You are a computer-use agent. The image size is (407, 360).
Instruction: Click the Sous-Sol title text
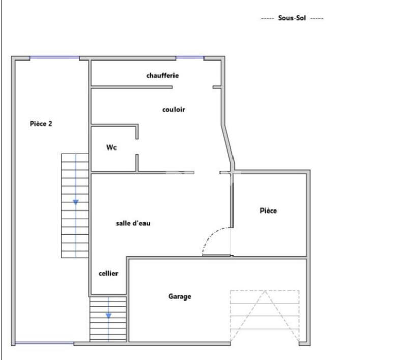click(x=292, y=18)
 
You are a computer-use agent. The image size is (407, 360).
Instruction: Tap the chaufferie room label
click(x=162, y=76)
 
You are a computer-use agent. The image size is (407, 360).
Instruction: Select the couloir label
click(x=173, y=109)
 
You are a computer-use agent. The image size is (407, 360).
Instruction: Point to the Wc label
click(x=111, y=147)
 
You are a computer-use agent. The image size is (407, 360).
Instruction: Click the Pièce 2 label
click(x=41, y=123)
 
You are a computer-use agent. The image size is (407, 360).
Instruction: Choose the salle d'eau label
click(x=133, y=223)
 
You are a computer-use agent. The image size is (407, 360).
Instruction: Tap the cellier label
click(x=108, y=273)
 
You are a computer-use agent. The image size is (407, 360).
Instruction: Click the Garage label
click(x=180, y=296)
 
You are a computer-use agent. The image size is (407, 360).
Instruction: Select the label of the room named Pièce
click(x=268, y=211)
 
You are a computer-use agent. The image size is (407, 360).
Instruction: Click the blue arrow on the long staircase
click(x=76, y=202)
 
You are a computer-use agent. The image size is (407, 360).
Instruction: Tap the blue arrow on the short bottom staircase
click(x=109, y=316)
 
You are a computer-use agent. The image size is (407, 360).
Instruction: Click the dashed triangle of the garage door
click(x=265, y=315)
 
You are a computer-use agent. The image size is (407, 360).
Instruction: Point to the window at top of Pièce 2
click(x=54, y=58)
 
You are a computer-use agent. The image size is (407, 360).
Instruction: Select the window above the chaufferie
click(x=189, y=58)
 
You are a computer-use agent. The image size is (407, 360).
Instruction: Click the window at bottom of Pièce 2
click(x=45, y=343)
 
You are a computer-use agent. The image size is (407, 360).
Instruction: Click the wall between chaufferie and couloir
click(x=131, y=87)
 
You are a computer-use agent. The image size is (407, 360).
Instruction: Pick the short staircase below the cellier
click(x=108, y=319)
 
